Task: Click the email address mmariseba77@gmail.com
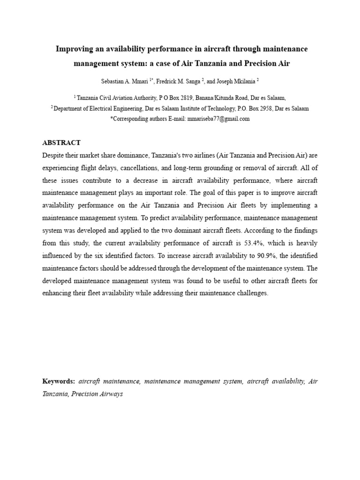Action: (218, 119)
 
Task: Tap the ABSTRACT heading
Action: (61, 143)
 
